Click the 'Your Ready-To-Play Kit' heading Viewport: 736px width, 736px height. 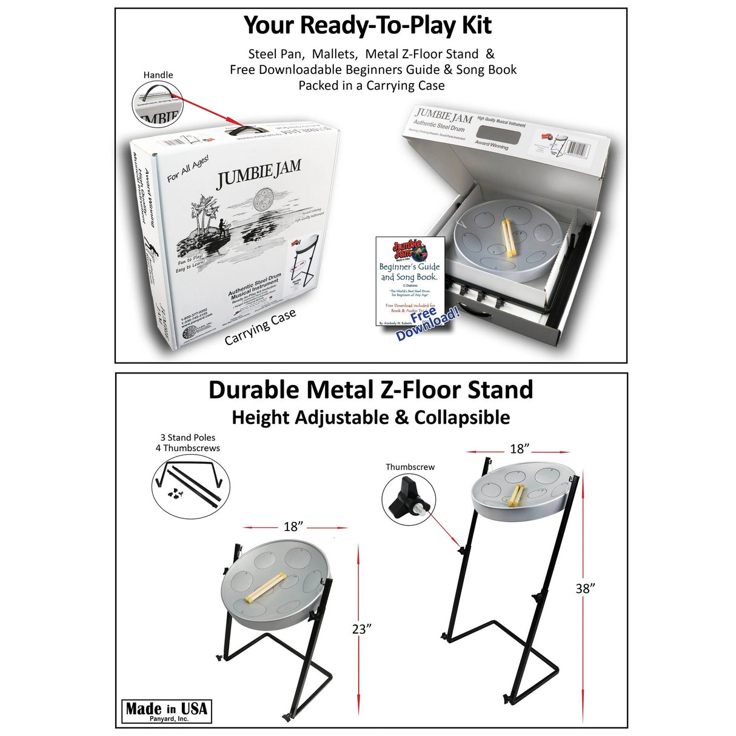[x=367, y=25]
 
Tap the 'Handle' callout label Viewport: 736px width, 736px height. [x=158, y=75]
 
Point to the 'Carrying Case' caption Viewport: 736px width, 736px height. [x=260, y=327]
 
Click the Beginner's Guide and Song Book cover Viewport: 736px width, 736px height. [x=410, y=281]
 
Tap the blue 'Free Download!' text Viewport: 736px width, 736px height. [x=428, y=324]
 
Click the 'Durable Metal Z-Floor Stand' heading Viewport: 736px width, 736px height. [x=370, y=390]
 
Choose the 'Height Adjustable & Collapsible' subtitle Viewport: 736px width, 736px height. [x=370, y=418]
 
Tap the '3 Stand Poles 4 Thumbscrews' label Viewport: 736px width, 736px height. [x=188, y=443]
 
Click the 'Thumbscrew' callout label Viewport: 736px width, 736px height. [x=410, y=467]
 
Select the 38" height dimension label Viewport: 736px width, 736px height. [x=585, y=588]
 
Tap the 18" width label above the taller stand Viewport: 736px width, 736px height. [x=520, y=449]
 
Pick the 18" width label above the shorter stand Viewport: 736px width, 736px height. [x=293, y=526]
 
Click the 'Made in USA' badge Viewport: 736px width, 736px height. [x=166, y=711]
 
